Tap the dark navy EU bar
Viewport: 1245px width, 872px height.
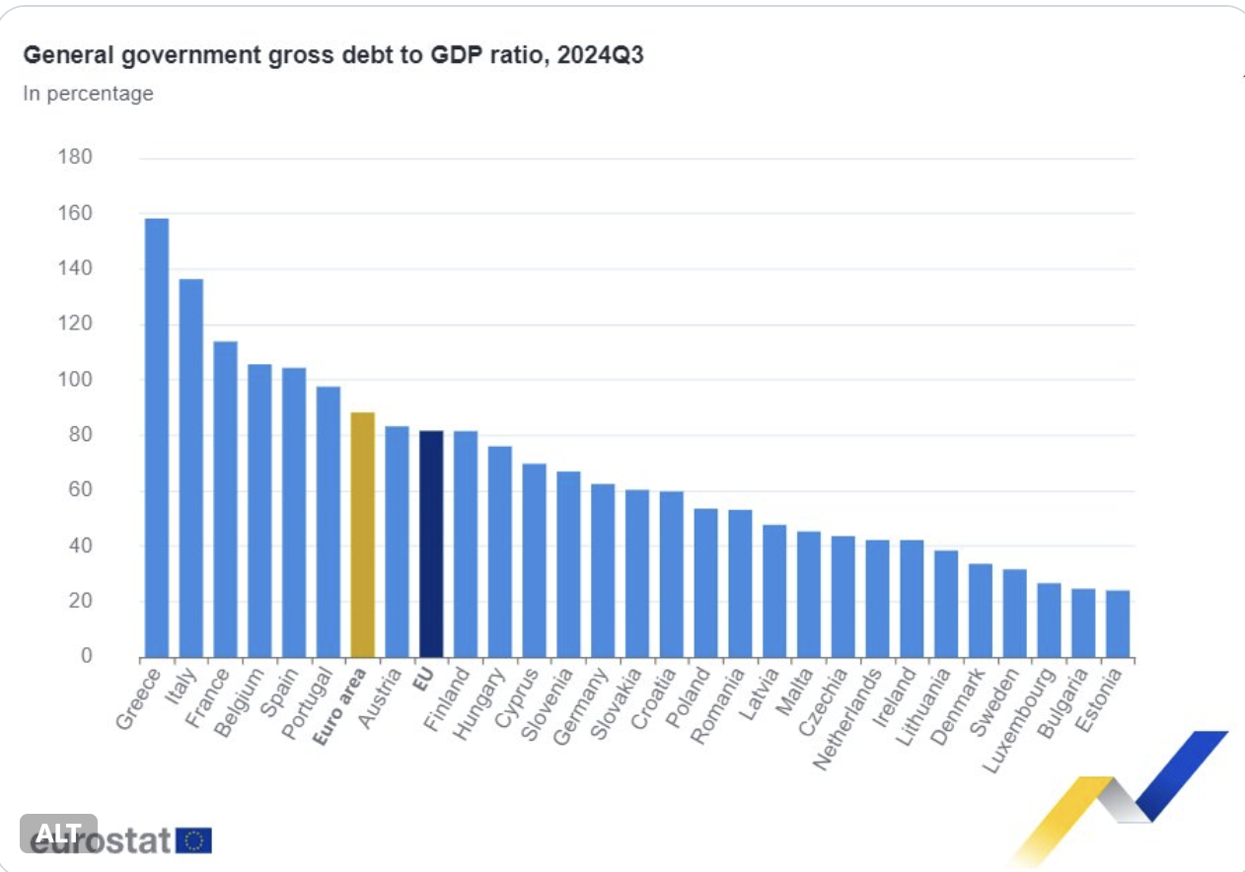(431, 544)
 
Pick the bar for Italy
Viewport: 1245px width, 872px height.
(190, 468)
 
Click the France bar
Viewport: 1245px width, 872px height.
(225, 499)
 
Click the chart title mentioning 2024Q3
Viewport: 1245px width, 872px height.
(333, 55)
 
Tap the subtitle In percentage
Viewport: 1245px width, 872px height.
(88, 94)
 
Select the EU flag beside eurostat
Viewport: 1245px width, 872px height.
(194, 840)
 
